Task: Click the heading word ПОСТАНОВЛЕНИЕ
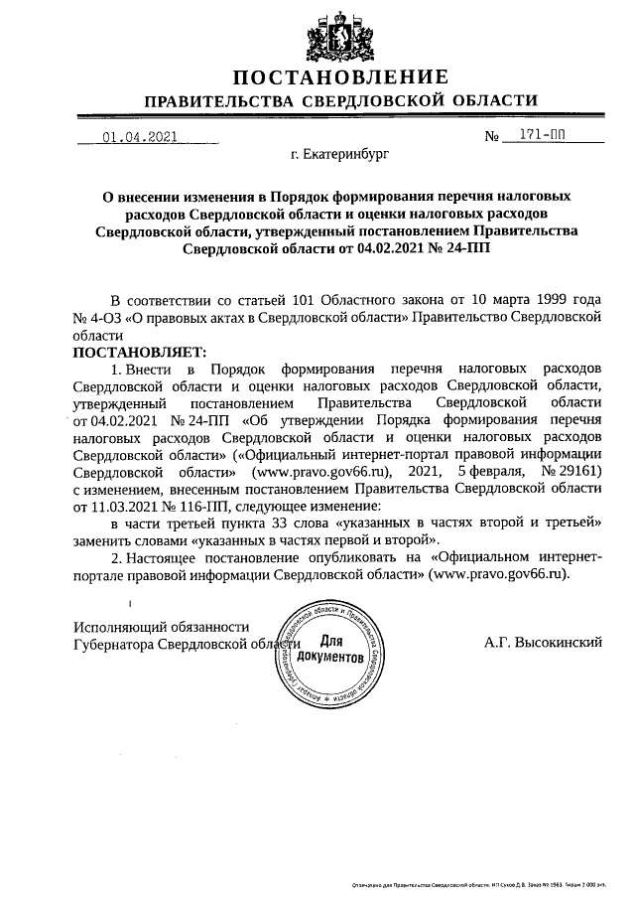[340, 77]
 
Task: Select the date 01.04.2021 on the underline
[139, 137]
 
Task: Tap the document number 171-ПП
[542, 137]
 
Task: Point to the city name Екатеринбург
[340, 156]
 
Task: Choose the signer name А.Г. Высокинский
[544, 643]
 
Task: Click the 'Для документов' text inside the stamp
[330, 650]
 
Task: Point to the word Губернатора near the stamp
[116, 644]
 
